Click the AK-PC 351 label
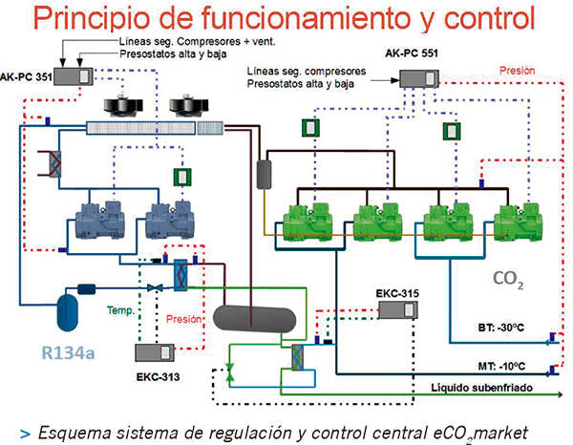point(27,72)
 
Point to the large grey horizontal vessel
point(252,317)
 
